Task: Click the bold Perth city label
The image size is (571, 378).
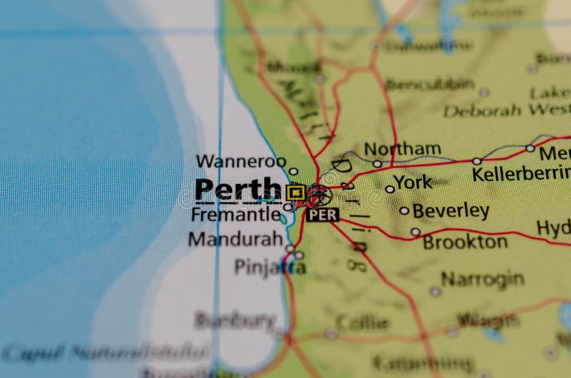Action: pyautogui.click(x=238, y=190)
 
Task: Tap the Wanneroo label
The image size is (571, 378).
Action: pyautogui.click(x=241, y=161)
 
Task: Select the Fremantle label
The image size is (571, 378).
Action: pyautogui.click(x=236, y=213)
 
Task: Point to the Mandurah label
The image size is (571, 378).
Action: pyautogui.click(x=236, y=239)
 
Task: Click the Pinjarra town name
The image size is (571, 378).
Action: pyautogui.click(x=270, y=267)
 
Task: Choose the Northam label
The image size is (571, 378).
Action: pyautogui.click(x=403, y=149)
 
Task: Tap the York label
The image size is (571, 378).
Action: pyautogui.click(x=413, y=182)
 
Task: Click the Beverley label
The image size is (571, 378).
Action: pyautogui.click(x=450, y=211)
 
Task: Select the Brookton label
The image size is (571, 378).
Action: pyautogui.click(x=465, y=242)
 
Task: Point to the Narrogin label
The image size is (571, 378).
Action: pyautogui.click(x=482, y=279)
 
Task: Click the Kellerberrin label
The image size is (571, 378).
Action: pyautogui.click(x=521, y=173)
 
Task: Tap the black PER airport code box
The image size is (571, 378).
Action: pyautogui.click(x=323, y=215)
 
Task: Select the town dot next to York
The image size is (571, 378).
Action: pyautogui.click(x=390, y=189)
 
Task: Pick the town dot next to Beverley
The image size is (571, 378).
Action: pyautogui.click(x=404, y=210)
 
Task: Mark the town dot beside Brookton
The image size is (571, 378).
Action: pyautogui.click(x=415, y=232)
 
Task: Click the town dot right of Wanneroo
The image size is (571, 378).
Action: pyautogui.click(x=293, y=171)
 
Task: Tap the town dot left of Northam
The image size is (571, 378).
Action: pyautogui.click(x=377, y=163)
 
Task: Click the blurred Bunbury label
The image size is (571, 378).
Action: pyautogui.click(x=235, y=320)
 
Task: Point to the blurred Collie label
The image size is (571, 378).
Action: pyautogui.click(x=362, y=323)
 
